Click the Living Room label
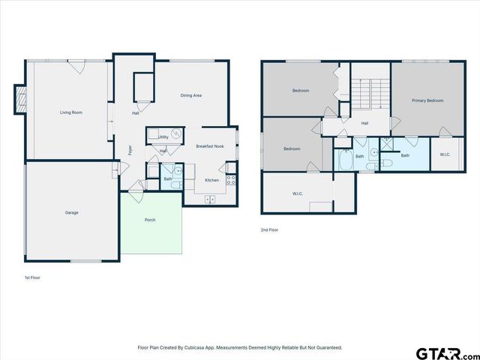[x=71, y=112]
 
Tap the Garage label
[x=71, y=212]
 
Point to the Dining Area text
[x=191, y=95]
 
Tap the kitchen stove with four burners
[x=231, y=180]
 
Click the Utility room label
[x=163, y=137]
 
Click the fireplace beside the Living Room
[x=20, y=100]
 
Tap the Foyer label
[x=130, y=148]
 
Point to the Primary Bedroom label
[x=427, y=100]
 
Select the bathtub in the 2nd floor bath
[x=345, y=160]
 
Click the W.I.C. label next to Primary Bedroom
[x=444, y=155]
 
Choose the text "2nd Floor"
[x=269, y=230]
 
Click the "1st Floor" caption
[x=31, y=277]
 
